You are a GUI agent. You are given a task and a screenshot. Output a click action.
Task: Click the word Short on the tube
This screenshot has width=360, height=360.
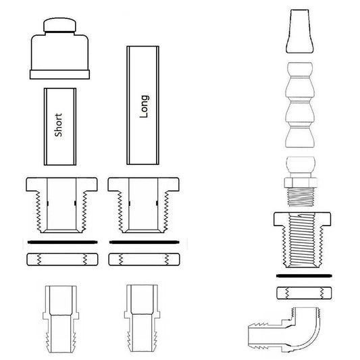tap(58, 125)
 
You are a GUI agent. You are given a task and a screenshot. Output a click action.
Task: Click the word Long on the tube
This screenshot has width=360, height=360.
tap(143, 106)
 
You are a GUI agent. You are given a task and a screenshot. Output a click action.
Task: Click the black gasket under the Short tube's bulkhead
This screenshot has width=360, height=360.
tap(59, 241)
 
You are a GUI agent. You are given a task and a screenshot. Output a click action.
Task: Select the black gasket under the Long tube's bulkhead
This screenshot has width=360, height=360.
tap(143, 241)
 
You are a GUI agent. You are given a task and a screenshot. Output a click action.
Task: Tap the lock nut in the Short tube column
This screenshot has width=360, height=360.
tap(59, 259)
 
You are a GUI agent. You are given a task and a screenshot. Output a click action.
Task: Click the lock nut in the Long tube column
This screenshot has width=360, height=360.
tap(143, 259)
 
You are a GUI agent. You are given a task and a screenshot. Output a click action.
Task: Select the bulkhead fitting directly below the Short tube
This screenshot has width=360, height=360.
tap(59, 203)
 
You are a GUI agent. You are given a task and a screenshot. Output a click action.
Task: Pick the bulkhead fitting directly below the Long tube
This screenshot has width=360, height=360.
tap(143, 203)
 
